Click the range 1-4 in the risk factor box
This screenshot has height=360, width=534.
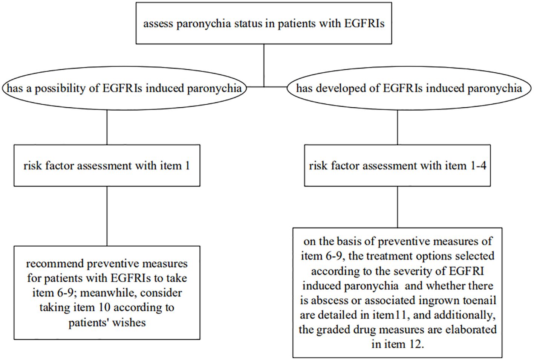(x=477, y=166)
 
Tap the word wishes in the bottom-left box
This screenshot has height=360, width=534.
(x=129, y=323)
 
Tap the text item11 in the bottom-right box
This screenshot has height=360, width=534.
(x=388, y=315)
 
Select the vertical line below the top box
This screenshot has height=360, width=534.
(x=264, y=66)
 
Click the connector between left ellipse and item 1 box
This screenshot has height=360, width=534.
(x=107, y=127)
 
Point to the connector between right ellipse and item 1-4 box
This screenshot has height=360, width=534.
(x=398, y=127)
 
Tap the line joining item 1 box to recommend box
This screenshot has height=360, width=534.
(x=107, y=216)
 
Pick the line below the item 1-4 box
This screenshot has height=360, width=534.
(x=398, y=207)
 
